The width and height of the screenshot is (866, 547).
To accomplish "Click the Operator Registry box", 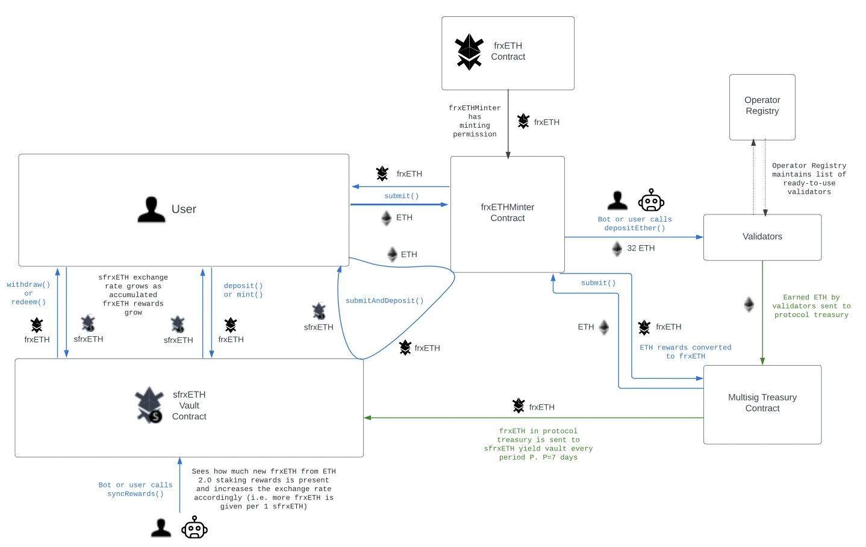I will tap(762, 107).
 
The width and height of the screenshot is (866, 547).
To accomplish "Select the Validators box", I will tap(762, 237).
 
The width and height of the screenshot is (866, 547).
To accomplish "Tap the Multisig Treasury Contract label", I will tap(762, 403).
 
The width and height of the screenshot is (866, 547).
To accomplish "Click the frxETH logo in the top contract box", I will tap(469, 52).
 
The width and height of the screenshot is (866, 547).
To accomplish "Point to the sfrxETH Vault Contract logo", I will tap(149, 405).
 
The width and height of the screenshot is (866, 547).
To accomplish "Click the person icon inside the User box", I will tap(151, 210).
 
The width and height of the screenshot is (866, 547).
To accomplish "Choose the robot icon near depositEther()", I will tap(651, 200).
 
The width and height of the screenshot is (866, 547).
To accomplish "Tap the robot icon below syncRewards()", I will tap(194, 527).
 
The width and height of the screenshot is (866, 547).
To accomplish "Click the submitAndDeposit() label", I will tap(384, 301).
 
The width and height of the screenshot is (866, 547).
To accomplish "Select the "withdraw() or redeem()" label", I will tap(28, 293).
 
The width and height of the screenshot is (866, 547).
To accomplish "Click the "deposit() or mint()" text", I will tap(243, 290).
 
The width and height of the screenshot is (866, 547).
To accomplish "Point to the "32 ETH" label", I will tap(640, 248).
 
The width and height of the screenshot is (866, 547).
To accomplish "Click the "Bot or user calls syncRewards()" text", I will tap(136, 489).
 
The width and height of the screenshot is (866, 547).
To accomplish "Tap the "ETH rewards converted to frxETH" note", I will tap(685, 352).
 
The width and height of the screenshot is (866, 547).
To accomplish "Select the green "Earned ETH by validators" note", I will tap(811, 306).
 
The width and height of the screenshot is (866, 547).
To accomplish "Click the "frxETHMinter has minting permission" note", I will tap(475, 121).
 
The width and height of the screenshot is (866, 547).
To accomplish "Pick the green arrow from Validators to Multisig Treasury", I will tap(762, 313).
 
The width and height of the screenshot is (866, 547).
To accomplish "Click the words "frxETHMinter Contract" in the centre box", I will tap(507, 213).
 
